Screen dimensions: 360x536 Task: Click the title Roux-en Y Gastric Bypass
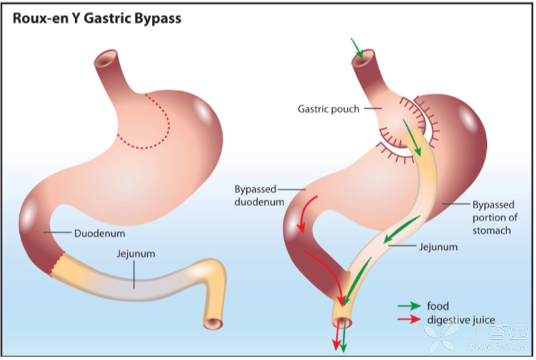coord(97,19)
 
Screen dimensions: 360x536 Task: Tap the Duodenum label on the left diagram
coord(100,234)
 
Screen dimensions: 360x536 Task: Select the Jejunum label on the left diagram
coord(135,253)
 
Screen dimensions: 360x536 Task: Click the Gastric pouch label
coord(328,109)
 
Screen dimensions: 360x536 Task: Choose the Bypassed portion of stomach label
coord(493,217)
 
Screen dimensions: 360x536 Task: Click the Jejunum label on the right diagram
coord(437,247)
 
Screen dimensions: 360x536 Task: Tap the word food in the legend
coord(438,306)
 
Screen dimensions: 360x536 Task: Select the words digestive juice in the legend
coord(461,320)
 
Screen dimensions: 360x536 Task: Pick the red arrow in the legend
coord(409,320)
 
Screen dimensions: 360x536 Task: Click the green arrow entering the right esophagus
coord(357,49)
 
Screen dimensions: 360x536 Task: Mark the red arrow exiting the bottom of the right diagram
coord(336,337)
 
